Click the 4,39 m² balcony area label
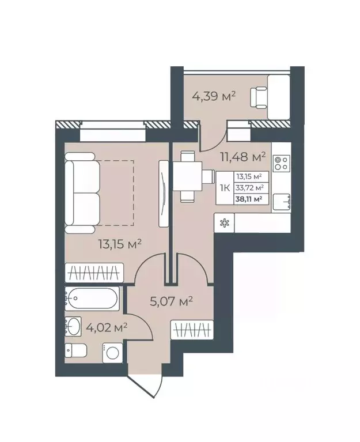[214, 96]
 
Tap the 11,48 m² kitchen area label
[242, 156]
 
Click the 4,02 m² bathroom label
[107, 327]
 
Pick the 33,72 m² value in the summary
[249, 187]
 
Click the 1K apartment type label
[224, 187]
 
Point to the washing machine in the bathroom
[112, 352]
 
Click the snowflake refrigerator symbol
[224, 223]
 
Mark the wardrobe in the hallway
[194, 331]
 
